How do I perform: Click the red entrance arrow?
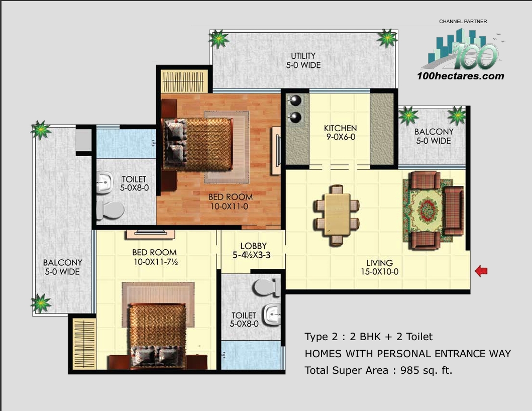pos(481,271)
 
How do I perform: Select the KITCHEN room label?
pos(340,129)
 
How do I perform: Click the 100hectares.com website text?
pos(460,76)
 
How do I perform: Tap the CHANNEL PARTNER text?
pos(463,22)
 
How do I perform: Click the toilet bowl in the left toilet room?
pos(110,211)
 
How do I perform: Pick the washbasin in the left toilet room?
pos(105,183)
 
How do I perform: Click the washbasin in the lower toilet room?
pos(272,315)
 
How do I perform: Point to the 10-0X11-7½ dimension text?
pos(154,262)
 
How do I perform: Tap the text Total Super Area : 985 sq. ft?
pos(378,370)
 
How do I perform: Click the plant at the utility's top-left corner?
pos(219,38)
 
